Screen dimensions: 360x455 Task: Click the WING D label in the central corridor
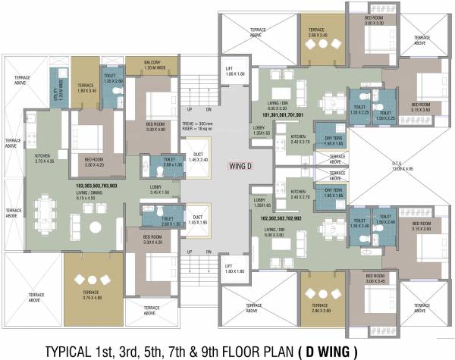242,164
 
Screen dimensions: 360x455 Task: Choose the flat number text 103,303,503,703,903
96,185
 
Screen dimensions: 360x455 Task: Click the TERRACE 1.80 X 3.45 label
85,89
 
